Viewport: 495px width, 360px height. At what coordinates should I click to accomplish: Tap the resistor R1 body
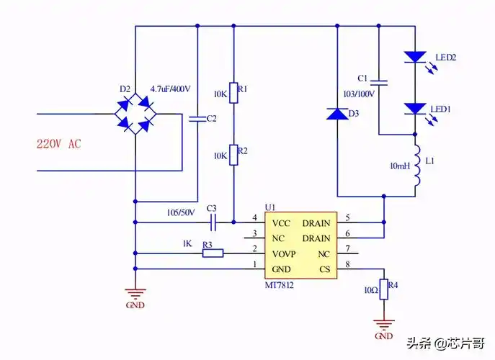(x=233, y=93)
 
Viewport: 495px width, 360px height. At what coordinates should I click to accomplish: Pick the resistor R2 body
(x=233, y=154)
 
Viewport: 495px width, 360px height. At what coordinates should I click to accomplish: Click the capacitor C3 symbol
(x=211, y=222)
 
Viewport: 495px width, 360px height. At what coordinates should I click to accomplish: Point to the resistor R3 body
(x=212, y=253)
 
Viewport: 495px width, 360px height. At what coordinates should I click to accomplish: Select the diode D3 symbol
(x=337, y=114)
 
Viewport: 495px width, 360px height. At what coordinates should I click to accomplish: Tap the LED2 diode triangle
(x=416, y=55)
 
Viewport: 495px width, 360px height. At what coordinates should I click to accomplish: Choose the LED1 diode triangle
(x=416, y=108)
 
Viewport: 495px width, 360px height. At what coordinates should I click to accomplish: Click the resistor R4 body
(x=383, y=289)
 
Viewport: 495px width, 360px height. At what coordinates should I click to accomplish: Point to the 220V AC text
(x=58, y=144)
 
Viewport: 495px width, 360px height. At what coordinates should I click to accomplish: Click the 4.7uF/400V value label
(x=170, y=89)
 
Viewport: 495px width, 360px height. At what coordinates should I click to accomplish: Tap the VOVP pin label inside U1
(x=286, y=254)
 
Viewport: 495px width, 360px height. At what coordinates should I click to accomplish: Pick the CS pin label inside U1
(x=324, y=269)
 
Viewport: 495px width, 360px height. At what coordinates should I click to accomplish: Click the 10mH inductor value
(x=400, y=166)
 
